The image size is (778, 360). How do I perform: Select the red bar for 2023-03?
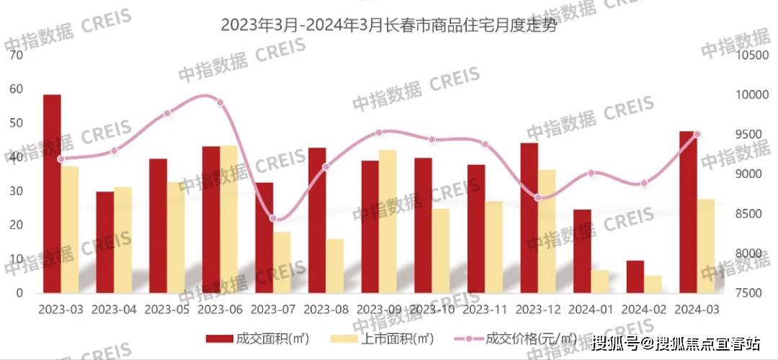52,194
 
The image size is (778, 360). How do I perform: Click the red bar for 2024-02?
635,276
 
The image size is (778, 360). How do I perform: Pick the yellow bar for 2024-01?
600,282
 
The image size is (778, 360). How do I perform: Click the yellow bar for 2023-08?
335,266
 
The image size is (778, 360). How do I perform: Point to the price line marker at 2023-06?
220,103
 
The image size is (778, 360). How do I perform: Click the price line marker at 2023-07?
273,219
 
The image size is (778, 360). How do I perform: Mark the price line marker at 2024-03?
697,134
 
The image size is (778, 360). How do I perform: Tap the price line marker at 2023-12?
538,197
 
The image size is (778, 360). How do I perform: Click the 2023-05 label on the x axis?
167,310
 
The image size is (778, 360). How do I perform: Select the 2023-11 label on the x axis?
485,310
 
